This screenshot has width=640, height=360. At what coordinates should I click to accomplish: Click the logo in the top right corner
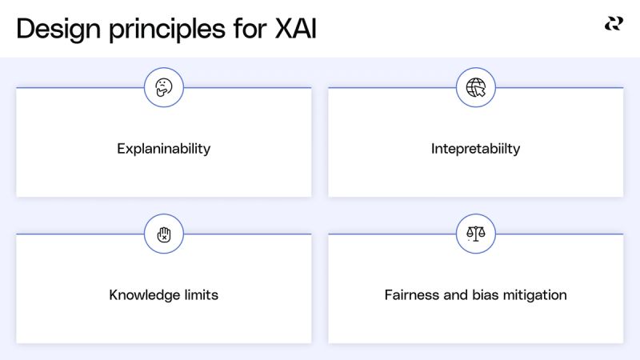pos(614,24)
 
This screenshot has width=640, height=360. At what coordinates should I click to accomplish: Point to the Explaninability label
pos(164,149)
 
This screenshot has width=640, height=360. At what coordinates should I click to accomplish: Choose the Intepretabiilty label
pos(475,149)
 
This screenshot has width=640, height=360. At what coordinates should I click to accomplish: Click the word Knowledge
pos(144,295)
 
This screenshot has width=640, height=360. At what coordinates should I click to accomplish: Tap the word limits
pos(201,295)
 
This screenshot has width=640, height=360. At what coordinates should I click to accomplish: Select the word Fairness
pos(412,295)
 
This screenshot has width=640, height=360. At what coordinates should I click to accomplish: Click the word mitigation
pos(536,295)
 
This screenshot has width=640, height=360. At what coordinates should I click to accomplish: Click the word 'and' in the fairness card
pos(455,295)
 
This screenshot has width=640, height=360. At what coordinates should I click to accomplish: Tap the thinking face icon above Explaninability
pos(164,87)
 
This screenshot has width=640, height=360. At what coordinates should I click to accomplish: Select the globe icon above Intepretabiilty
pos(476,87)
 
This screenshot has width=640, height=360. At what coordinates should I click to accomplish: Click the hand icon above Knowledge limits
pos(164,234)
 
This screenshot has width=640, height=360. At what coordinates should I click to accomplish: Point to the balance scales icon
pos(476,234)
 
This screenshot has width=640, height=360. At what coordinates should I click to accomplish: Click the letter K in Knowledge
pos(114,295)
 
